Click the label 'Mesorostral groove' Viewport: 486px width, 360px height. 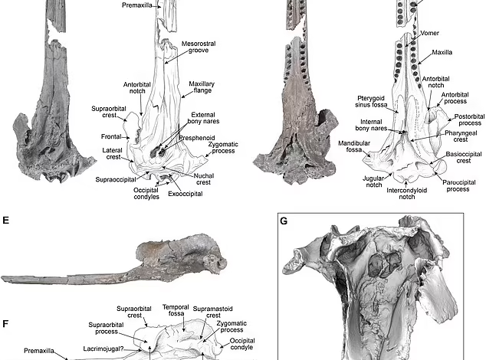199,47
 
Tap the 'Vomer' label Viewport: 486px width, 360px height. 429,33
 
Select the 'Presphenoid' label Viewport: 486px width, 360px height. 197,138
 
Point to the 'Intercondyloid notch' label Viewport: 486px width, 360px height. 406,193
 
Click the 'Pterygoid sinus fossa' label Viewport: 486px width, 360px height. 371,102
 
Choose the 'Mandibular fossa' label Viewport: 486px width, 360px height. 354,146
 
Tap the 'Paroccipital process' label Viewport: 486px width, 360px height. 458,185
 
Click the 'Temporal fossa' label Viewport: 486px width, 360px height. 176,310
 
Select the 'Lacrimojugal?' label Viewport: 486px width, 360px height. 103,349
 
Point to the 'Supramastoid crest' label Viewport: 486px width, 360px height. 212,312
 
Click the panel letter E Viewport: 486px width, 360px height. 5,221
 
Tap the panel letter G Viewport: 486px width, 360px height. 284,221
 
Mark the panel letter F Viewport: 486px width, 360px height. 5,324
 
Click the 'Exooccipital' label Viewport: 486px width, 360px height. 186,194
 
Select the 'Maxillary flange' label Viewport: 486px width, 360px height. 202,87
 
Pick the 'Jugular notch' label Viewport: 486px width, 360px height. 374,182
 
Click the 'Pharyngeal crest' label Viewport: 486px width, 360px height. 461,136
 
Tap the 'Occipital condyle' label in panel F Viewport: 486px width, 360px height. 242,344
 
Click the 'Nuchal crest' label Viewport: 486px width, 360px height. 204,179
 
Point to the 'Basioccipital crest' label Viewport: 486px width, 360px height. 464,157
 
